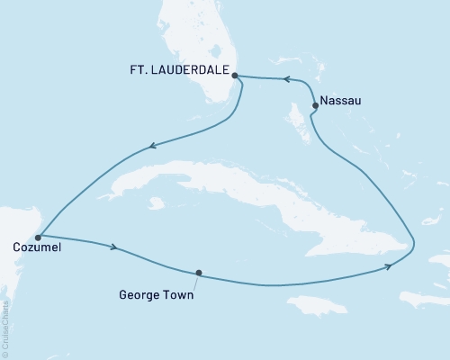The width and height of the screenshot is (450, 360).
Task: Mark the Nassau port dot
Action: coord(314,105)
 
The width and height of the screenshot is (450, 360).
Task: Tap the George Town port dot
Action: coord(198,273)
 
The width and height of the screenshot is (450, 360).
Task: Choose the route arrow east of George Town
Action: coord(388,265)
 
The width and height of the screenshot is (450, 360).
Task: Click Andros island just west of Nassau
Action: coord(293,115)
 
